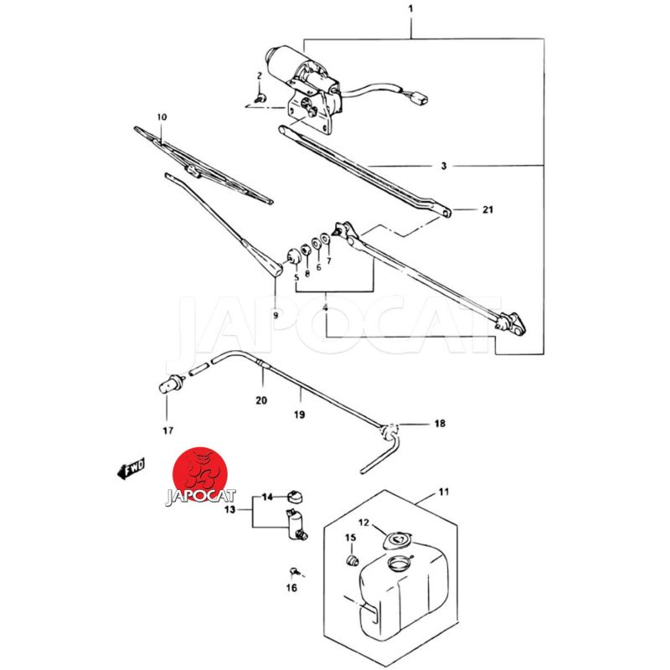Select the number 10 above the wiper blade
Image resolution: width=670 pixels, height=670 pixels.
point(162,117)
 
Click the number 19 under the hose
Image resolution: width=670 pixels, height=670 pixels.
point(299,415)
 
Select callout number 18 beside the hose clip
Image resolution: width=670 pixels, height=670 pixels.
point(439,425)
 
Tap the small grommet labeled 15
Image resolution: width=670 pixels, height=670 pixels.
point(353,559)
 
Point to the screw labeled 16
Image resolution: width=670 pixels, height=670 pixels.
point(294,572)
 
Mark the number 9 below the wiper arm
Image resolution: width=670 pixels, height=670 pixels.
point(276,316)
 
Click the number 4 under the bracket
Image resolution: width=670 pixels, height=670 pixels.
point(327,309)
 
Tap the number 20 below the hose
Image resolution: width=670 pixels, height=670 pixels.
point(261,400)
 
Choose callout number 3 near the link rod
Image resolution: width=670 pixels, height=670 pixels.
point(444,167)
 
